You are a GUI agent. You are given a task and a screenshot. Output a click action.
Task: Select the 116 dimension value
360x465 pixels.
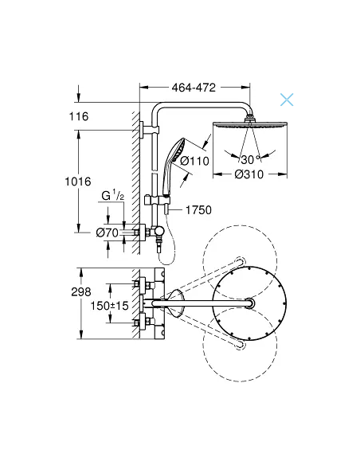click(x=80, y=116)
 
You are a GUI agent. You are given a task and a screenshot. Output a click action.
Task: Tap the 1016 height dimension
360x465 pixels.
click(x=77, y=182)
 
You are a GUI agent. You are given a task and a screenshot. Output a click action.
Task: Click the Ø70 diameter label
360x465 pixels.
click(x=107, y=233)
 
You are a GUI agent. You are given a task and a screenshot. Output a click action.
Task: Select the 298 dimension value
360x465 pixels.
click(x=79, y=292)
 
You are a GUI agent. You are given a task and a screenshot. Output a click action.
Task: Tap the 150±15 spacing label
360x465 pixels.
click(x=109, y=304)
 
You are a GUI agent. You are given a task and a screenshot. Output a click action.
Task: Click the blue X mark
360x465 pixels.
click(x=286, y=100)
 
